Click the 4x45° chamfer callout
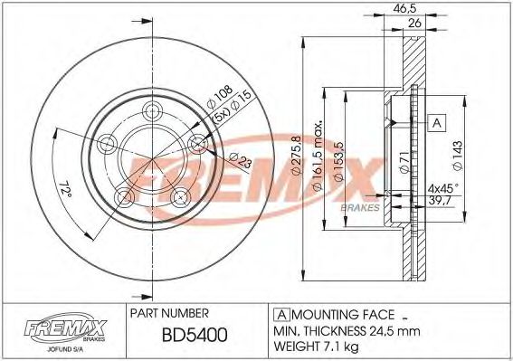444,188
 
